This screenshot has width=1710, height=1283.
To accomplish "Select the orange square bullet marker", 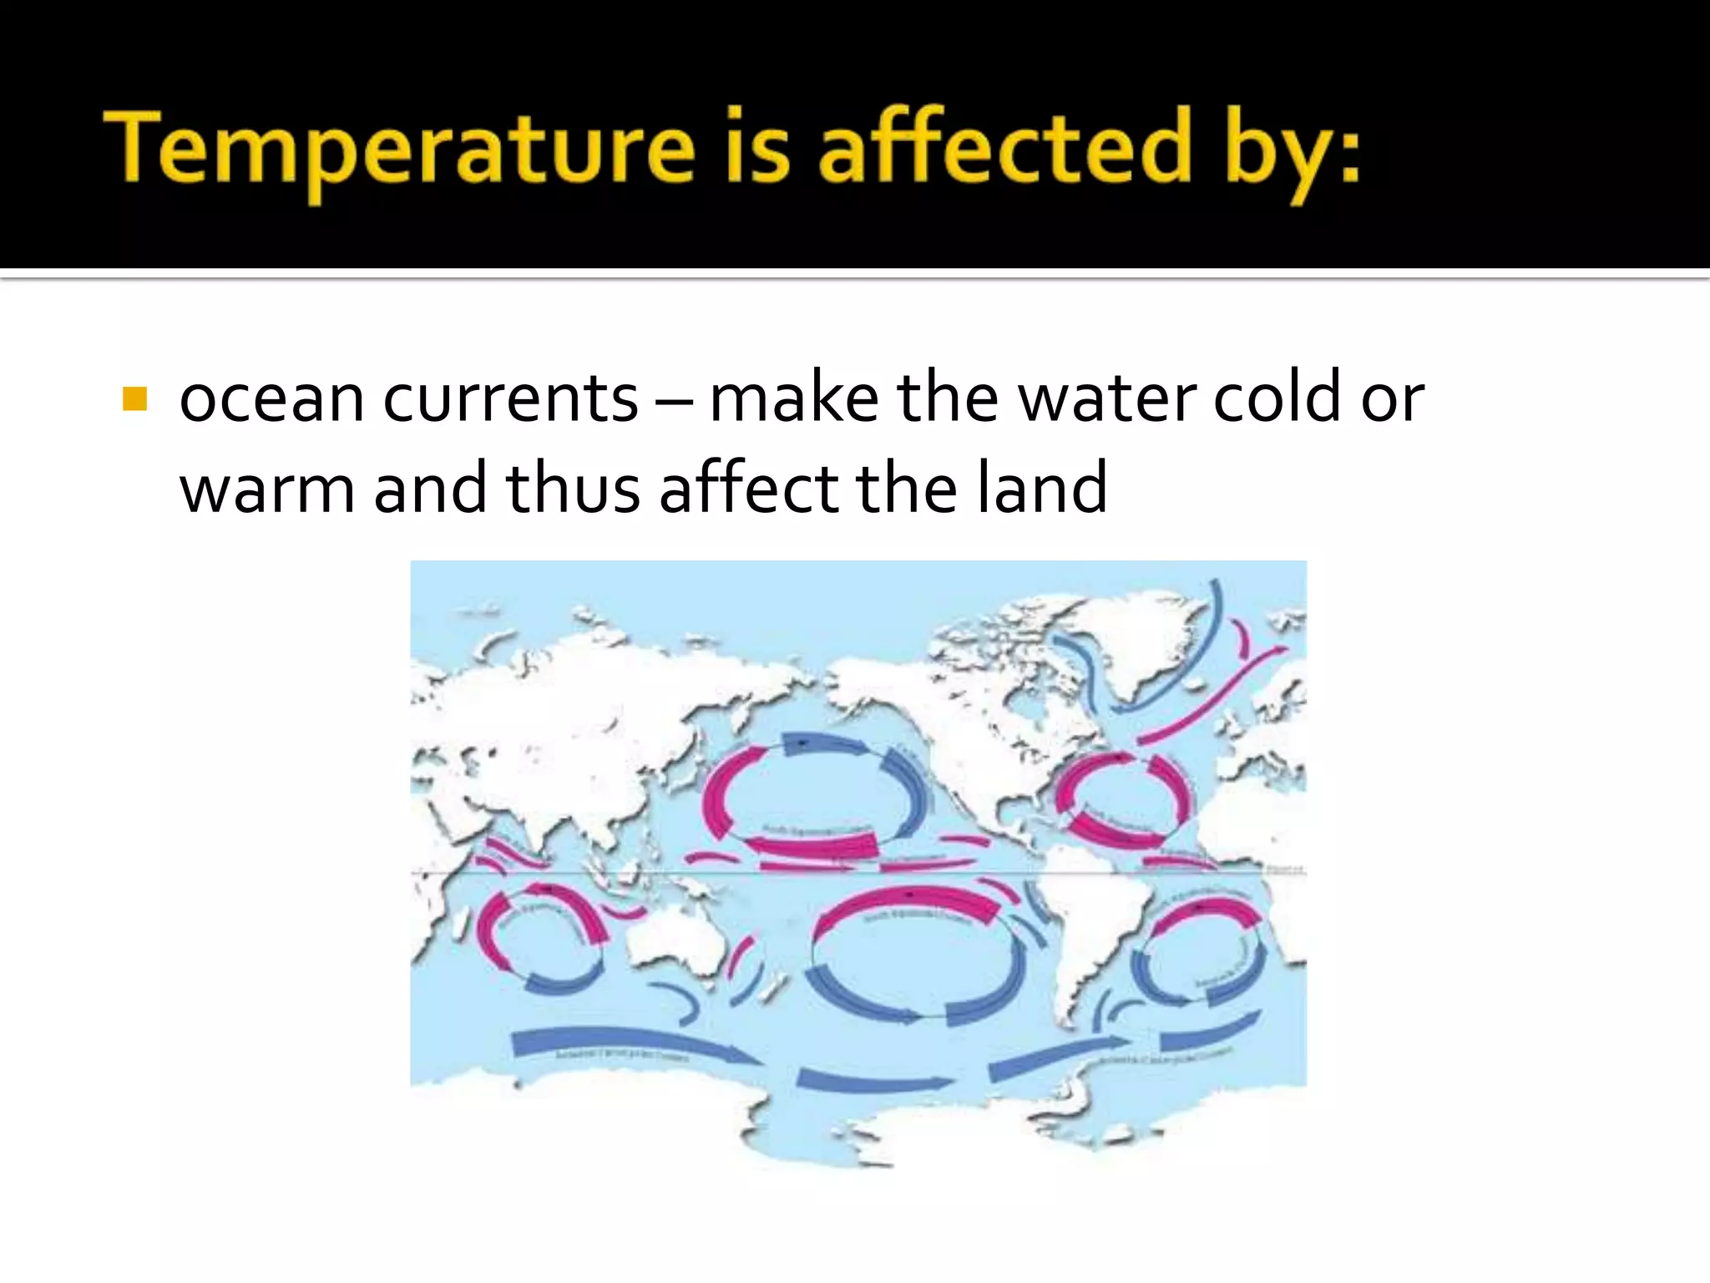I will click(134, 399).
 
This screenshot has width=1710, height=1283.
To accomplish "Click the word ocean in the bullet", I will click(271, 399).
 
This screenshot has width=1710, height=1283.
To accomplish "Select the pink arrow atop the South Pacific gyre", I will click(910, 905).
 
